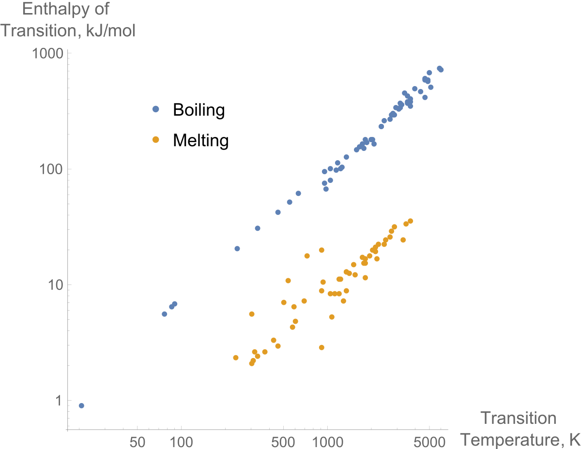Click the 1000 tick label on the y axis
[x=48, y=54]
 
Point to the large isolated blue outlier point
[x=155, y=109]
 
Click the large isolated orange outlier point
[x=155, y=139]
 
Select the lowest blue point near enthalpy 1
[x=81, y=405]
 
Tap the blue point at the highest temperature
[x=441, y=70]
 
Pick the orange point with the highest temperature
[x=411, y=221]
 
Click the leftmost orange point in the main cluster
[x=236, y=358]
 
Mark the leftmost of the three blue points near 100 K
[x=164, y=314]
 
